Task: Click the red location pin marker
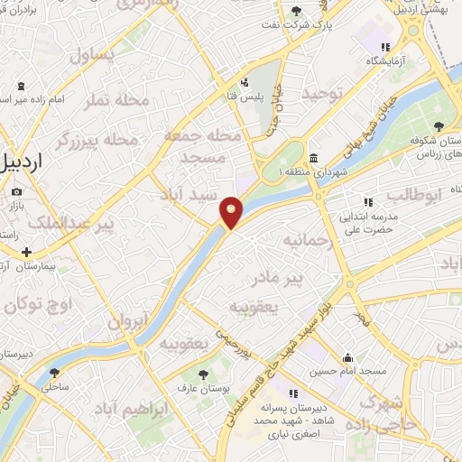pyautogui.click(x=232, y=212)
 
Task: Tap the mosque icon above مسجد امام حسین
pyautogui.click(x=348, y=357)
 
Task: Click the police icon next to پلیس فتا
pyautogui.click(x=245, y=83)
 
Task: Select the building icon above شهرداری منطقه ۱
pyautogui.click(x=313, y=157)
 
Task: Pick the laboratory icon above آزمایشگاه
pyautogui.click(x=386, y=47)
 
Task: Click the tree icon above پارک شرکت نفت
pyautogui.click(x=297, y=11)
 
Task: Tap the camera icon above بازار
pyautogui.click(x=17, y=192)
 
